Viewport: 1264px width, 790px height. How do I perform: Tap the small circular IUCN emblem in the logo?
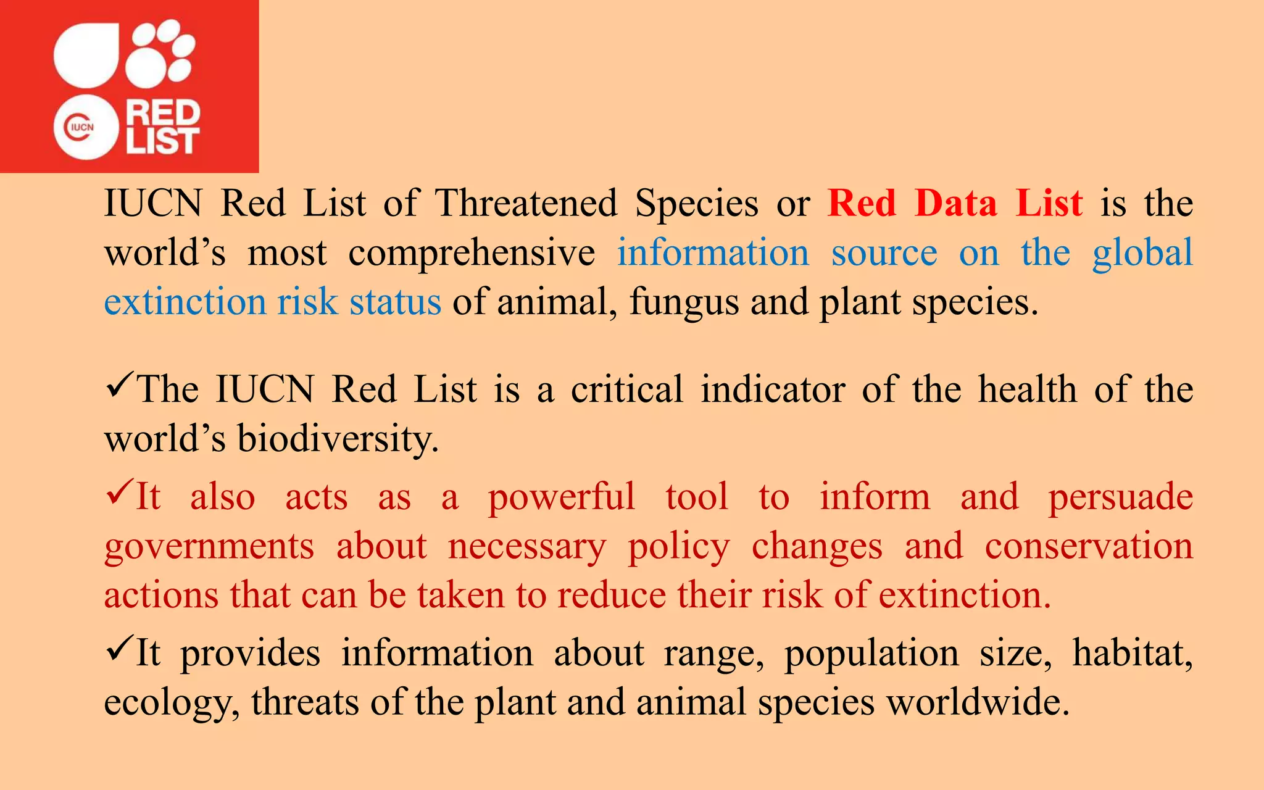(x=85, y=128)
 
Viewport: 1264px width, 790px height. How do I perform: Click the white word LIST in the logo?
(x=163, y=141)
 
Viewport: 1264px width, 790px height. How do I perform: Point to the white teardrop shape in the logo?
(x=86, y=54)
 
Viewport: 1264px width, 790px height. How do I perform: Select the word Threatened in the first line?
(x=526, y=203)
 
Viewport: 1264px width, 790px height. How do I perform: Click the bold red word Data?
(x=955, y=203)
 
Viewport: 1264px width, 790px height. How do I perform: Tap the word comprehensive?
(x=472, y=253)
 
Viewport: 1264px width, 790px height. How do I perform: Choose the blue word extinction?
(x=185, y=302)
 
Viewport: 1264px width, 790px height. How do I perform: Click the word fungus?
(x=684, y=303)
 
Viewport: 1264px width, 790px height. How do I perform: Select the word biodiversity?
(x=338, y=439)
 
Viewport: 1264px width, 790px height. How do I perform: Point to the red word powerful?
(x=561, y=497)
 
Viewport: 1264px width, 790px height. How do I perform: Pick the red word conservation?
(x=1089, y=546)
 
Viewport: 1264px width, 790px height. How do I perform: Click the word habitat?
(x=1132, y=653)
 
